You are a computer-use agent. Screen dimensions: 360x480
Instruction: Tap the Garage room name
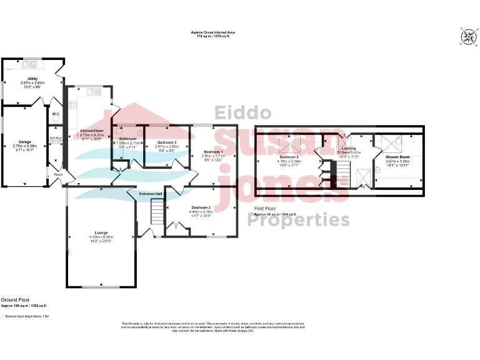pyautogui.click(x=25, y=141)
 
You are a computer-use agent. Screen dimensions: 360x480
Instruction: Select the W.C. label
pyautogui.click(x=56, y=114)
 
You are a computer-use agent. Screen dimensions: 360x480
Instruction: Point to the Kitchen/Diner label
pyautogui.click(x=91, y=131)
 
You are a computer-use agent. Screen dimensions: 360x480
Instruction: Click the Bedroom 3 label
pyautogui.click(x=167, y=142)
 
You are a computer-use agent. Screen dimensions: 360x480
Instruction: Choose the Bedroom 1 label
pyautogui.click(x=213, y=152)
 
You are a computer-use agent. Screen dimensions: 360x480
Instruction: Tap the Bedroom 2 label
pyautogui.click(x=201, y=207)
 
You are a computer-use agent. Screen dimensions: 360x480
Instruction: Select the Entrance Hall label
pyautogui.click(x=151, y=194)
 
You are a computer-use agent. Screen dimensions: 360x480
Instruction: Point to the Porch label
pyautogui.click(x=58, y=174)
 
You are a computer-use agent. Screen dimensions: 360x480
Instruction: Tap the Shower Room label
pyautogui.click(x=397, y=156)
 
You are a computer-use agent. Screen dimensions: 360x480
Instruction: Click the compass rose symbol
pyautogui.click(x=467, y=37)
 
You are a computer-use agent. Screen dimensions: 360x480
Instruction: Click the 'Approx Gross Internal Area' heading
pyautogui.click(x=213, y=32)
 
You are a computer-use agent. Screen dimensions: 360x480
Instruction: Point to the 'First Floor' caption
pyautogui.click(x=265, y=208)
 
